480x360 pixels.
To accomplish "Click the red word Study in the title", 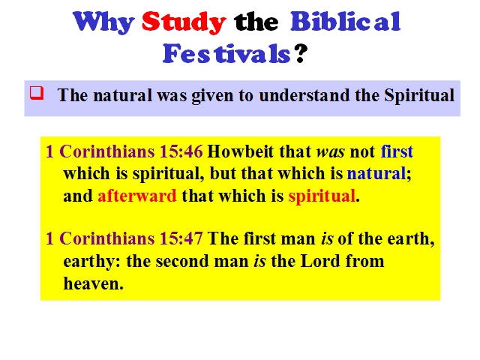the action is [x=184, y=22].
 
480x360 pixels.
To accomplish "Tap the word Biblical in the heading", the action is [x=346, y=22].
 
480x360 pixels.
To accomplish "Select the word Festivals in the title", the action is [x=226, y=53].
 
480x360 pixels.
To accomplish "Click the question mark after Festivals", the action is [x=301, y=53].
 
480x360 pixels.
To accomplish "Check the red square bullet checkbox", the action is [x=37, y=93].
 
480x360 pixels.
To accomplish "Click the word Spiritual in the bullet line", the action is [x=419, y=95].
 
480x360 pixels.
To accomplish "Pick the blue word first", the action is [x=397, y=151].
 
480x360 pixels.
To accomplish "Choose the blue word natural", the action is [x=376, y=173].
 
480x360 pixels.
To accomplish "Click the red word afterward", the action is [x=137, y=196].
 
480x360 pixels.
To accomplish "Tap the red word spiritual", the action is [x=322, y=196].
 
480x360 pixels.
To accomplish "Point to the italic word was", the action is [x=330, y=151].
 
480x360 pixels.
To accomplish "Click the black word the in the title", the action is [x=256, y=22].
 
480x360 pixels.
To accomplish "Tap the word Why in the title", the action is [x=103, y=22].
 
